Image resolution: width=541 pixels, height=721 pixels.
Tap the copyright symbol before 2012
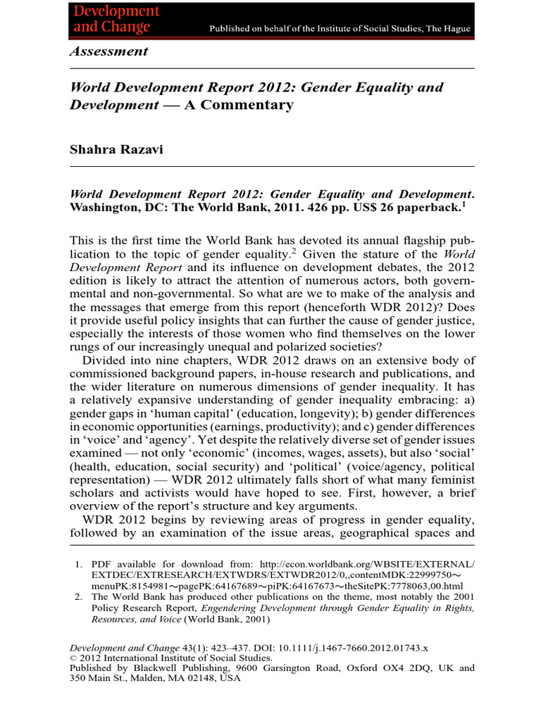pyautogui.click(x=72, y=658)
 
